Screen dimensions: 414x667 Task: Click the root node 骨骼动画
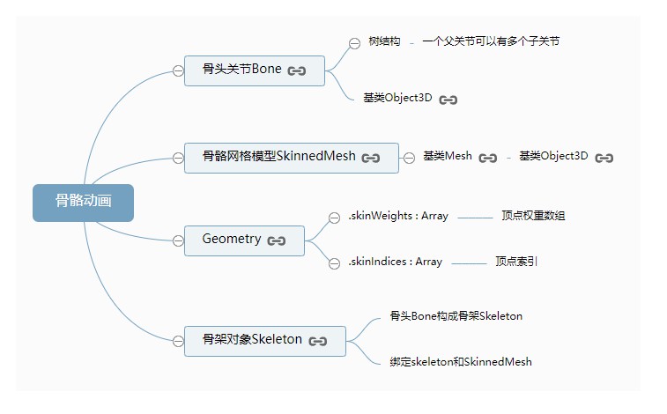[x=83, y=202]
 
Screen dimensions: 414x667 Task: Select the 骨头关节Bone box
[x=255, y=70]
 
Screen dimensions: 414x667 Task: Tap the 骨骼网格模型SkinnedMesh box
[x=291, y=157]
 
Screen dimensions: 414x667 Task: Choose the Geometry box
[x=244, y=240]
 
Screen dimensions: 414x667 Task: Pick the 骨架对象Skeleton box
[x=264, y=340]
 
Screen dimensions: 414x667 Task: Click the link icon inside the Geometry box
[x=277, y=240]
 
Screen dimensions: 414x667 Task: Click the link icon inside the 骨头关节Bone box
[x=297, y=70]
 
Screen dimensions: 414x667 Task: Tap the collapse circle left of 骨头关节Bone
[x=178, y=70]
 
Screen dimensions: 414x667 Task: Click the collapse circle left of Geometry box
[x=178, y=240]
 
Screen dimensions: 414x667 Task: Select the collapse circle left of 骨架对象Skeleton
[x=178, y=340]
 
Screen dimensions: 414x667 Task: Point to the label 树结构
[x=384, y=41]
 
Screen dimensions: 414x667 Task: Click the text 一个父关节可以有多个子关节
[x=490, y=41]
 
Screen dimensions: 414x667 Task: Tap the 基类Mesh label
[x=448, y=157]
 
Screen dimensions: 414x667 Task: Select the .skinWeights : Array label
[x=398, y=216]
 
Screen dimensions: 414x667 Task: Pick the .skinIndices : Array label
[x=396, y=262]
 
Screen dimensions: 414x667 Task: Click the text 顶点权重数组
[x=533, y=216]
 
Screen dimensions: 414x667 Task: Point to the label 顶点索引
[x=516, y=262]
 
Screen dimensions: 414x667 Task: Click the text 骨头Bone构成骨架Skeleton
[x=456, y=316]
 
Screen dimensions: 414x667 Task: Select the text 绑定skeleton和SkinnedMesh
[x=461, y=362]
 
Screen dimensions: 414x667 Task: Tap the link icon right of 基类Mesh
[x=487, y=158]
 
